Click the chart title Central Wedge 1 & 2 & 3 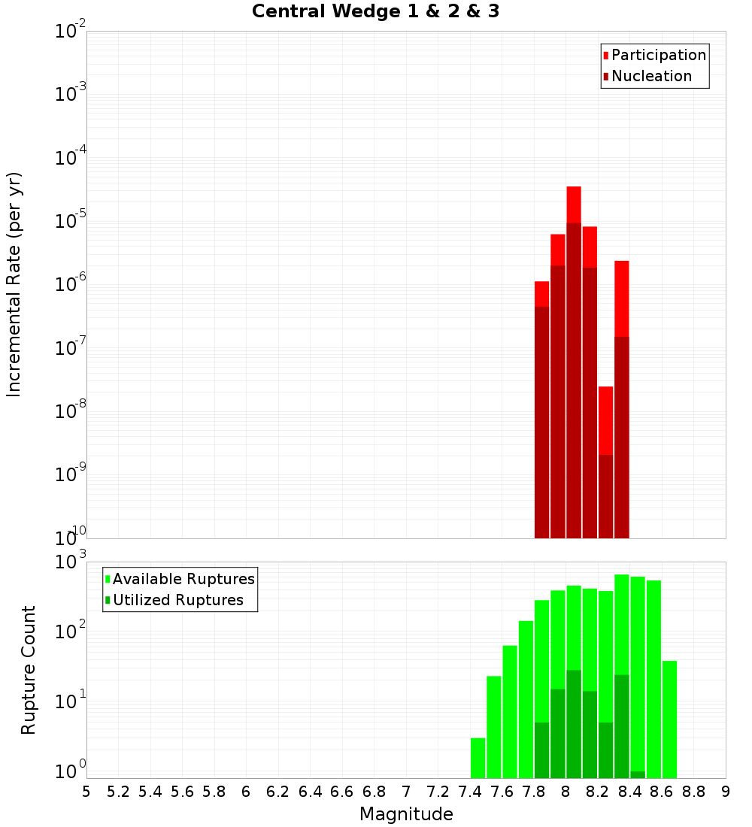pos(375,11)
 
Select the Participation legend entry pos(658,55)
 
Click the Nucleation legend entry pos(650,76)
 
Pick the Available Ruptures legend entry pos(183,579)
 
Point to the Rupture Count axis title pos(29,670)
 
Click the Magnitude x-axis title pos(406,814)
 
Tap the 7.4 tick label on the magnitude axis pos(470,792)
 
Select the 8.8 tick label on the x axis pos(694,792)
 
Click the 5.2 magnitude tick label pos(118,792)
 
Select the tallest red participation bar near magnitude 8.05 pos(574,204)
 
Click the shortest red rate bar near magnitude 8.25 pos(605,421)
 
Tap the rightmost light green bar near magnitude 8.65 pos(669,719)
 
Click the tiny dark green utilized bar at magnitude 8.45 pos(638,774)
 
